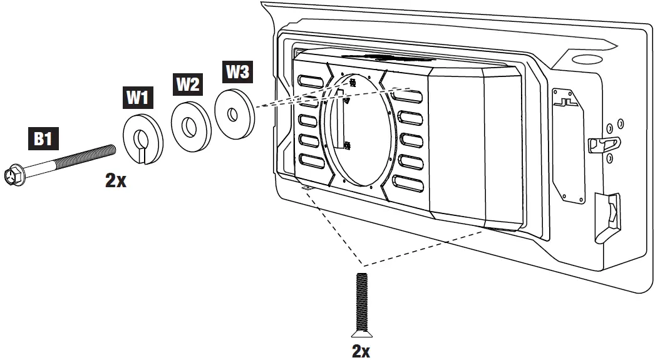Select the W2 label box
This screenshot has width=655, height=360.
[x=187, y=84]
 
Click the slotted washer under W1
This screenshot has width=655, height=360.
[x=142, y=138]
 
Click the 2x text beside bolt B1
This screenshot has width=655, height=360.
[x=116, y=182]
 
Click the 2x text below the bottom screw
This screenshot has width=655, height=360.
[x=361, y=351]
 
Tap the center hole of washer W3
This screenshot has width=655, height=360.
[x=232, y=114]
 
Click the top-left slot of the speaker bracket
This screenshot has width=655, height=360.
[x=309, y=82]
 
